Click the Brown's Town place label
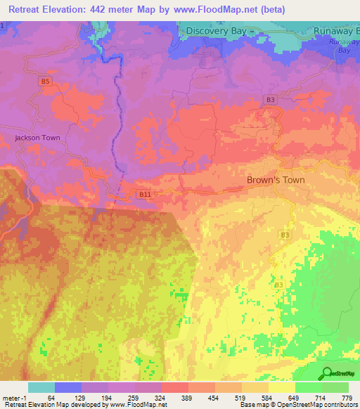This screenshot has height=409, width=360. (276, 180)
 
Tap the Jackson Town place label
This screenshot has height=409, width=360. (37, 138)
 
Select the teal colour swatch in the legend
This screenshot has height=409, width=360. (41, 387)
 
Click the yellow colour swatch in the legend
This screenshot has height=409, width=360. (281, 387)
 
